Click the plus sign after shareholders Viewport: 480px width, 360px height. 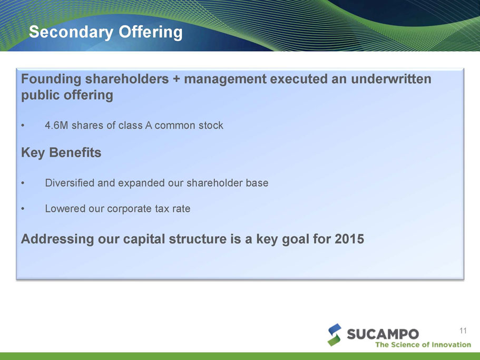(176, 79)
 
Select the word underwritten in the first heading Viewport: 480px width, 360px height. (391, 79)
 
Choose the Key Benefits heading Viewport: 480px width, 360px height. (61, 152)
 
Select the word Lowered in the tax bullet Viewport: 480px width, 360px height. (65, 209)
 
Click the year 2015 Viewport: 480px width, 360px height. (349, 239)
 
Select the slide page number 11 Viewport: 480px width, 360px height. (463, 330)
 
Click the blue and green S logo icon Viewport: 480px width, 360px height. (335, 335)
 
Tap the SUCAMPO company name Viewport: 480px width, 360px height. (383, 334)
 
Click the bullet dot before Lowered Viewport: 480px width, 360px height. (23, 209)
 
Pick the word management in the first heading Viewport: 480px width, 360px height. (226, 79)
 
